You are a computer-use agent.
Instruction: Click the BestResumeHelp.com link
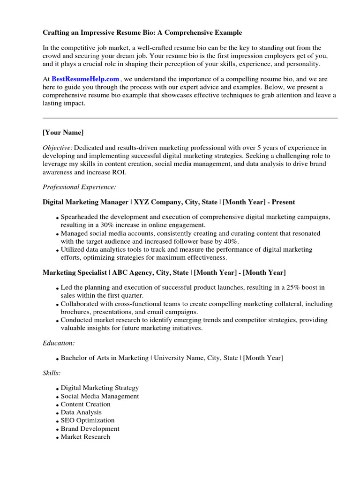coord(85,79)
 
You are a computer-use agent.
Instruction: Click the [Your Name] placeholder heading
coord(63,133)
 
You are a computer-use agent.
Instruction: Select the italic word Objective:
coord(58,148)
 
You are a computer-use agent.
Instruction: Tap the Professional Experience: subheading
coord(79,187)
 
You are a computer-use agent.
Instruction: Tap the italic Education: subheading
coord(59,343)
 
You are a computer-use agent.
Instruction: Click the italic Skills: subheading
coord(52,373)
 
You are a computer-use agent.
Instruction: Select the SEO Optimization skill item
coord(87,420)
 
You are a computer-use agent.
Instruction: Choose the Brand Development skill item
coord(90,428)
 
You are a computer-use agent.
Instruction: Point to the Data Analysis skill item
coord(81,412)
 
